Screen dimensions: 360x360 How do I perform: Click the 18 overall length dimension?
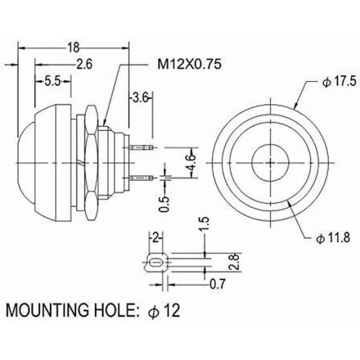click(x=72, y=47)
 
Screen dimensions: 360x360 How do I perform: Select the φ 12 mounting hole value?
click(x=165, y=310)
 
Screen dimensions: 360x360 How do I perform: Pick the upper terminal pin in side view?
click(x=142, y=146)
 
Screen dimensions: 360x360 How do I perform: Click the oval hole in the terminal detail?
click(x=154, y=264)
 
